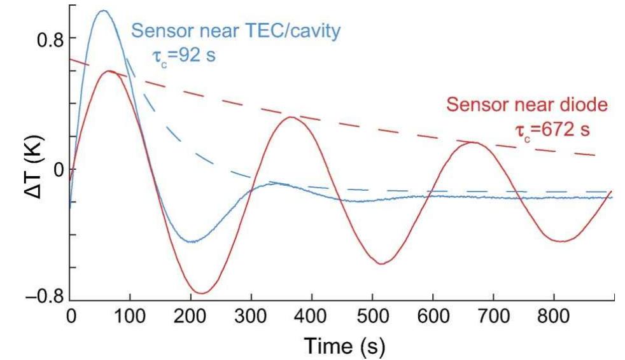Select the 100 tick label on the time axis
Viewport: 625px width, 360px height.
tap(130, 316)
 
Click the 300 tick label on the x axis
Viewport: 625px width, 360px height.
tap(251, 316)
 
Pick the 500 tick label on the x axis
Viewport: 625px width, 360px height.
tap(372, 316)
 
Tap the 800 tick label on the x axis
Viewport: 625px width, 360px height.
tap(553, 316)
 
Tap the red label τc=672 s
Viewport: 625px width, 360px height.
tap(552, 130)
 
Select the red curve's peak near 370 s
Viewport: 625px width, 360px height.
tap(291, 117)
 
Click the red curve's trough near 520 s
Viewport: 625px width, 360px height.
tap(382, 263)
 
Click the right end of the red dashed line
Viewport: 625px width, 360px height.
tap(595, 155)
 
